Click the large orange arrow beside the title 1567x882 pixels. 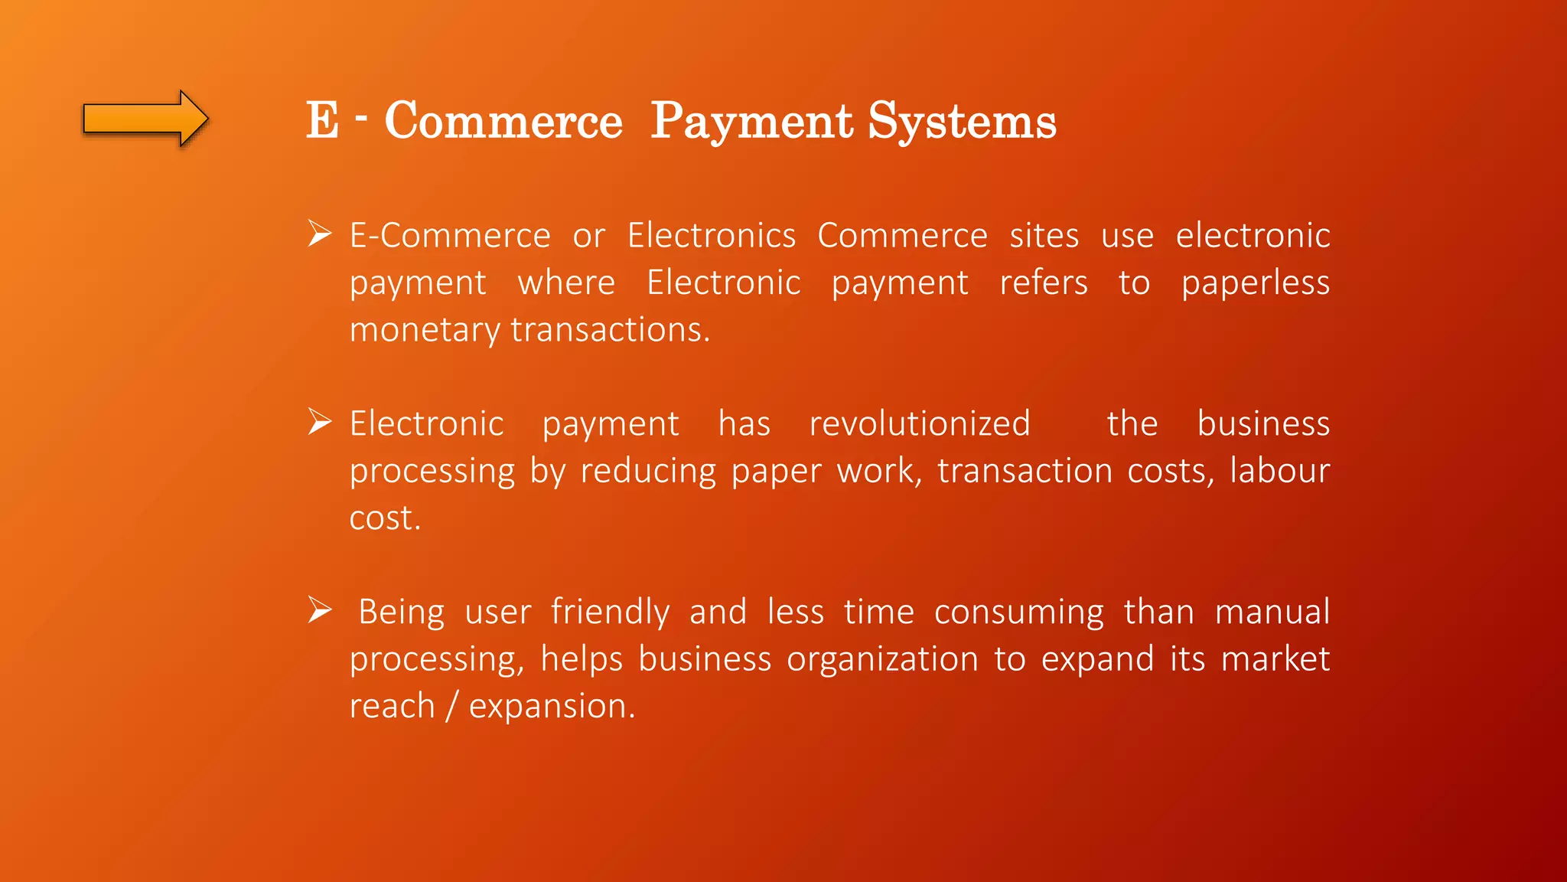click(x=145, y=119)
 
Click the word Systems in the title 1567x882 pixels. click(x=962, y=122)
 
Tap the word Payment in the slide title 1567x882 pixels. click(x=751, y=122)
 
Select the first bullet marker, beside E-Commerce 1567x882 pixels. click(x=319, y=234)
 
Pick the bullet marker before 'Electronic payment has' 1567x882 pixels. click(x=319, y=422)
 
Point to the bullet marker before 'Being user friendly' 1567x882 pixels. click(x=319, y=610)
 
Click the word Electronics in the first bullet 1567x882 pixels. click(x=712, y=235)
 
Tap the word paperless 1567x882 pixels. click(x=1255, y=283)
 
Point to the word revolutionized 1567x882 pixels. click(x=920, y=423)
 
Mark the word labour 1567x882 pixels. click(x=1279, y=470)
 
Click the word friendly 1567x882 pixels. click(x=610, y=612)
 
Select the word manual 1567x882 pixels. click(x=1272, y=612)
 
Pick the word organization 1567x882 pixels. click(x=882, y=660)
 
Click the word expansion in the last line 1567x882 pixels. click(x=551, y=707)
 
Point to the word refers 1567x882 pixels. click(x=1044, y=283)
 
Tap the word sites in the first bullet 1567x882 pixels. click(x=1044, y=235)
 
